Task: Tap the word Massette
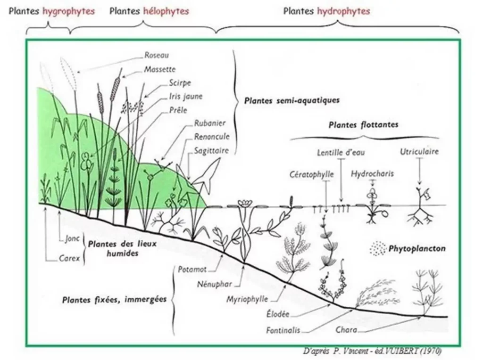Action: pos(159,69)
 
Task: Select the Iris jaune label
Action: pos(172,96)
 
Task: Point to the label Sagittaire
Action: pos(211,151)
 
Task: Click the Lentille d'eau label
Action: pos(341,153)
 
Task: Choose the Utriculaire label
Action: pos(419,152)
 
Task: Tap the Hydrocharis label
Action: pos(372,174)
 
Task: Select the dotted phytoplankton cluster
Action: pos(378,248)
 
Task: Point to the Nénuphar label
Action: pos(215,285)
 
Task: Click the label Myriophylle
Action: pos(247,299)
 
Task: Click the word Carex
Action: pos(69,258)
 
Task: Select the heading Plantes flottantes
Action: pos(363,125)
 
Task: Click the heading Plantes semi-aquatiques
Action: pos(292,100)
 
